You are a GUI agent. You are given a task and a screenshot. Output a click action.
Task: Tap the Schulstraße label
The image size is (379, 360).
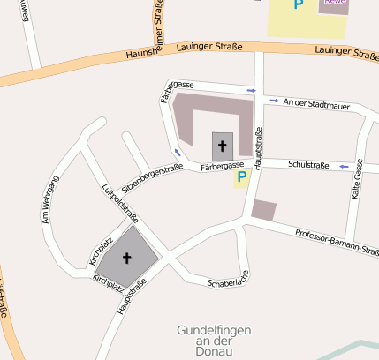pyautogui.click(x=308, y=164)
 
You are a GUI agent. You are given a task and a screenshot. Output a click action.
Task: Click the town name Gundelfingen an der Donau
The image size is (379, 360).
pyautogui.click(x=216, y=340)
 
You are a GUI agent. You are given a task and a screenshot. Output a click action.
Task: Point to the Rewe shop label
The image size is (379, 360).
pyautogui.click(x=334, y=3)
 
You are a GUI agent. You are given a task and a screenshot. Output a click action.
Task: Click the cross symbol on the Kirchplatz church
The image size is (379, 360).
pyautogui.click(x=126, y=258)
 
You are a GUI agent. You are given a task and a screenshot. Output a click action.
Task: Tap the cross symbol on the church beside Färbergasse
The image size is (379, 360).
pyautogui.click(x=222, y=146)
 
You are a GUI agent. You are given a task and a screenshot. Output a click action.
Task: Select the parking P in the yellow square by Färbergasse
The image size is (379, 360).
pyautogui.click(x=240, y=177)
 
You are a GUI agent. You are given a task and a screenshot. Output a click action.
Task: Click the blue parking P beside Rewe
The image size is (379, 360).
pyautogui.click(x=299, y=4)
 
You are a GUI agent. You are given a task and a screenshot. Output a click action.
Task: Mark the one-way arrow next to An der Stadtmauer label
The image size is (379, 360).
pyautogui.click(x=275, y=101)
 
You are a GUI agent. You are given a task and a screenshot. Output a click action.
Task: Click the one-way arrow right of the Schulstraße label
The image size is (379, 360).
pyautogui.click(x=344, y=166)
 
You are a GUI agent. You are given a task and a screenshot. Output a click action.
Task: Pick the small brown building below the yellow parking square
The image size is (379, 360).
pyautogui.click(x=263, y=210)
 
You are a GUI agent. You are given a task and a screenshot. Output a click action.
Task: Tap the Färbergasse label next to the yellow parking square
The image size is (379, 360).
pyautogui.click(x=221, y=166)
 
